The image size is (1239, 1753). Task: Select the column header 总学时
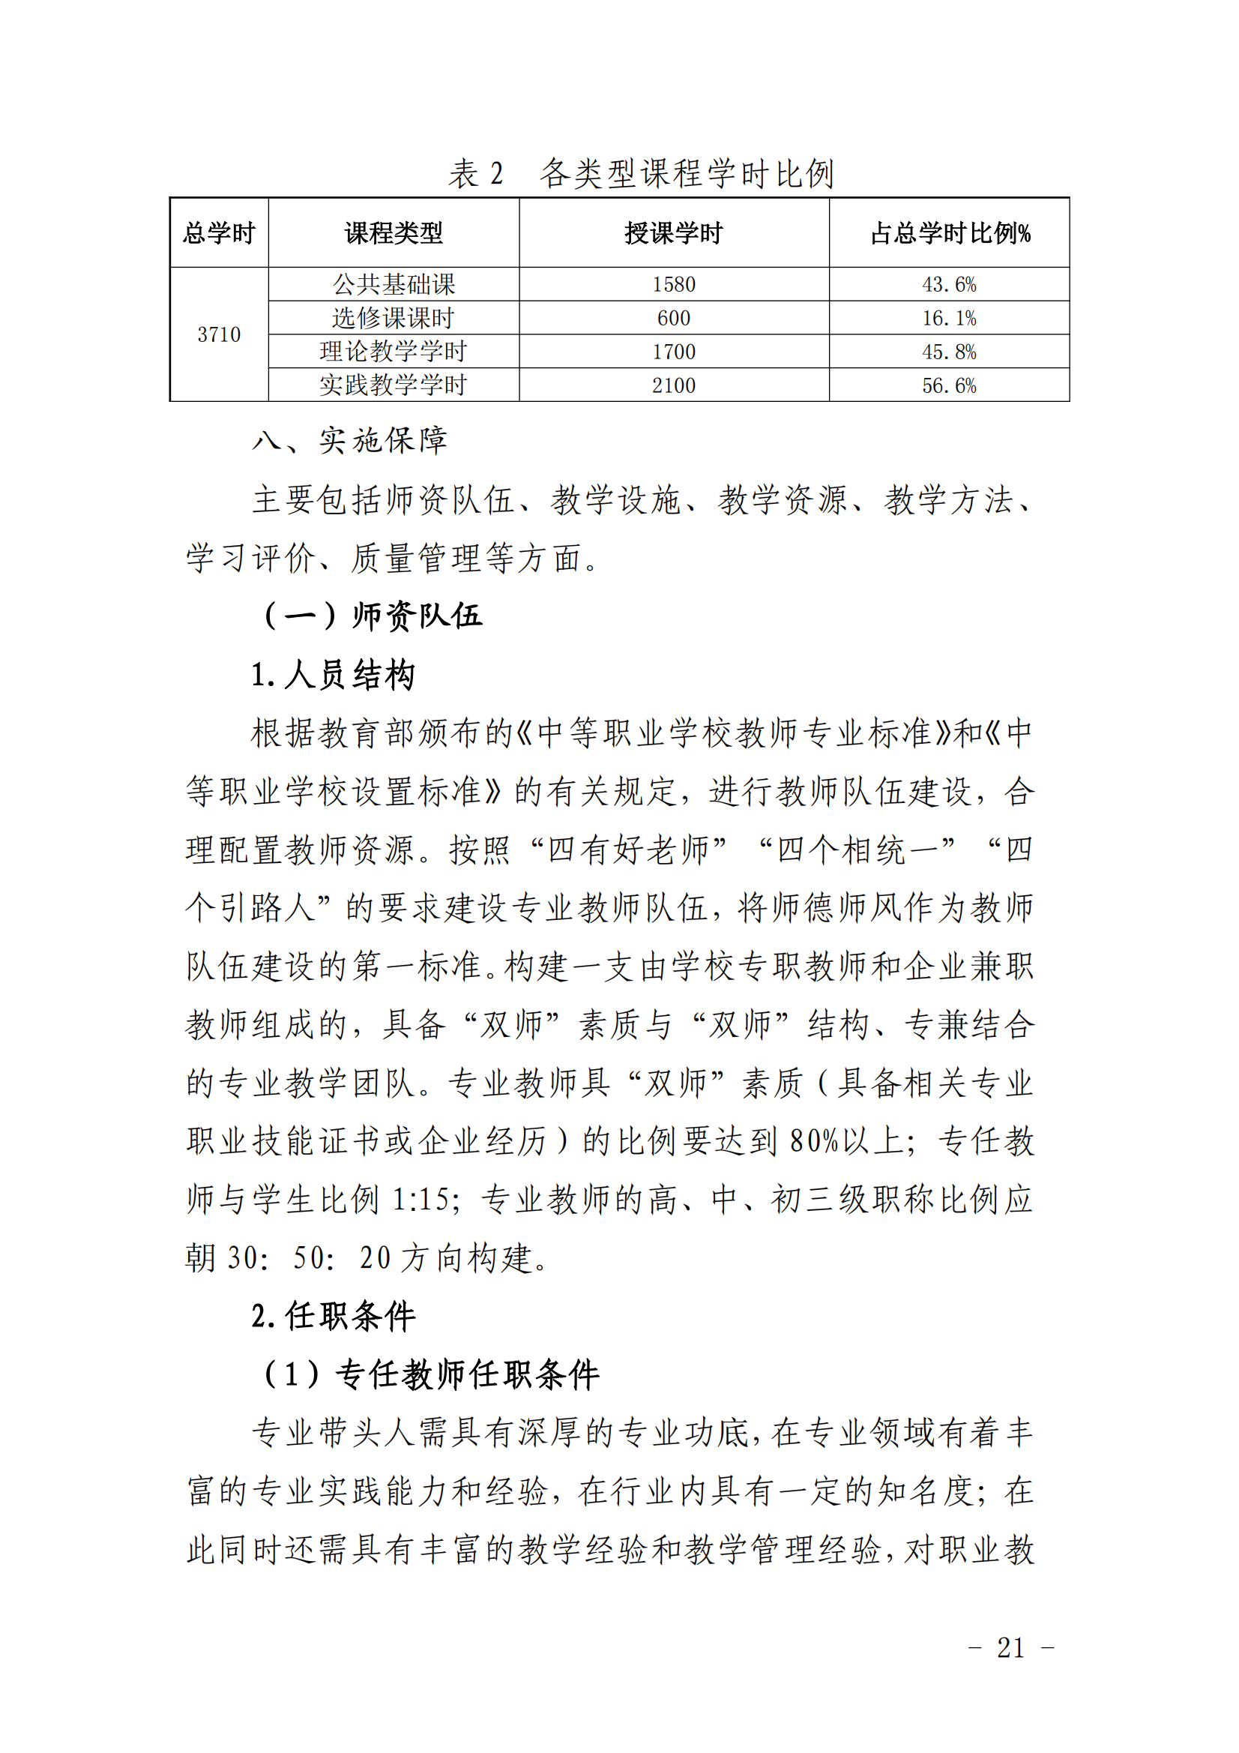[219, 233]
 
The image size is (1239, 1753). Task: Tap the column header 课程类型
[394, 233]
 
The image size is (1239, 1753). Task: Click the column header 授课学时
[673, 233]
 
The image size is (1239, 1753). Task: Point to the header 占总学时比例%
[949, 233]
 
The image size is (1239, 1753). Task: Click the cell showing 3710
[219, 334]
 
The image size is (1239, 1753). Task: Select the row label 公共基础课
[394, 285]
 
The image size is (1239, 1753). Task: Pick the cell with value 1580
[673, 285]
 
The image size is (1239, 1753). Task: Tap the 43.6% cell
[949, 285]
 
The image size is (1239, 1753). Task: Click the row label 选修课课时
[394, 319]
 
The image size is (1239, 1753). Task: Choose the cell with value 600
[673, 319]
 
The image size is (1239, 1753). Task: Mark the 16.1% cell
[949, 319]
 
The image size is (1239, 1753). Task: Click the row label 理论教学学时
[394, 352]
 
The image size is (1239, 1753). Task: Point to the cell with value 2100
[673, 385]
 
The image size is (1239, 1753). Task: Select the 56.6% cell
[949, 385]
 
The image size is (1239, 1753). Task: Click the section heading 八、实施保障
[349, 442]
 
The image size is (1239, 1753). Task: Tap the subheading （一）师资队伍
[372, 616]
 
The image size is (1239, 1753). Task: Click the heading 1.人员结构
[333, 675]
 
